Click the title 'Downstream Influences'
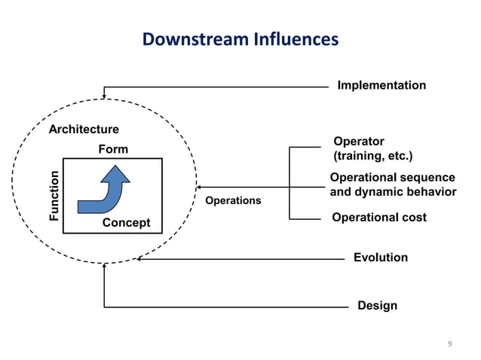[240, 38]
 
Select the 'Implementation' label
[381, 85]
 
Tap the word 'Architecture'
[84, 130]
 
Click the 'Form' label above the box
[113, 149]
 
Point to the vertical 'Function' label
[54, 196]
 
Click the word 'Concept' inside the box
[126, 223]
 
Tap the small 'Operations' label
[233, 200]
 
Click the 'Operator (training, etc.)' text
[372, 149]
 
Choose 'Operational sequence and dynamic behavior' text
[393, 185]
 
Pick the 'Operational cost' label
[379, 217]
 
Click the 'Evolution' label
[381, 258]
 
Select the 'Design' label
[377, 306]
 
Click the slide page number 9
[450, 344]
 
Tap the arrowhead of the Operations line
[199, 188]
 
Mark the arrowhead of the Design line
[104, 267]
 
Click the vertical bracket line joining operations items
[290, 183]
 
